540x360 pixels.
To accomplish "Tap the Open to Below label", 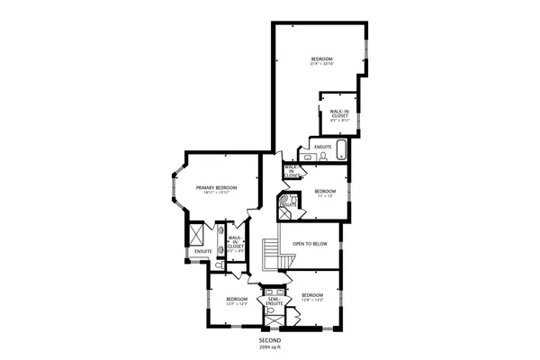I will (310, 244).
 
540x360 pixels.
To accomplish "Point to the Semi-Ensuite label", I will (274, 301).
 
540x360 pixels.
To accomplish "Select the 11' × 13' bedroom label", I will (325, 196).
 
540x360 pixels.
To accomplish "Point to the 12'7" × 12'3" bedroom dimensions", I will (237, 303).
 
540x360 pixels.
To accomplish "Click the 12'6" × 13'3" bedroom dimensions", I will (312, 300).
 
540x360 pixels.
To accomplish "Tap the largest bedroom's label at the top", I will (321, 60).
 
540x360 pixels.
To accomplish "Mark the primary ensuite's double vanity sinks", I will (220, 238).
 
